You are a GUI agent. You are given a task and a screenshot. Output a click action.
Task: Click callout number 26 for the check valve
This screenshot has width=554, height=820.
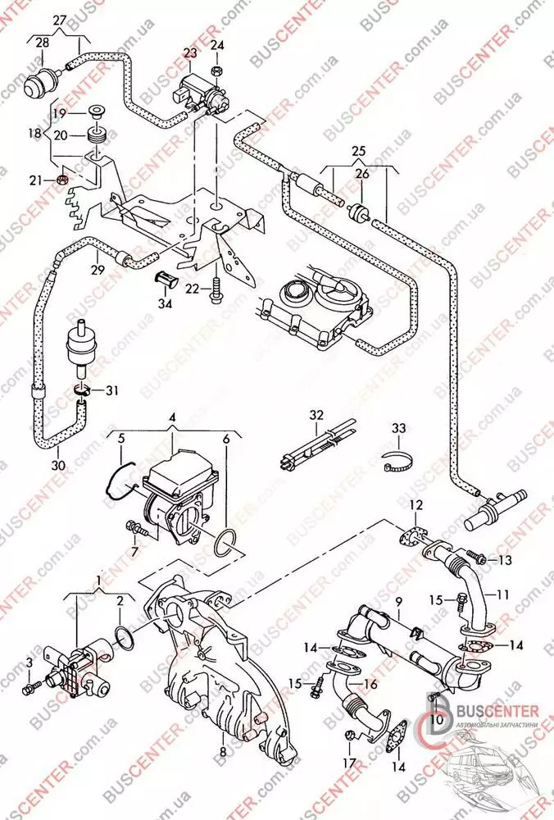point(362,174)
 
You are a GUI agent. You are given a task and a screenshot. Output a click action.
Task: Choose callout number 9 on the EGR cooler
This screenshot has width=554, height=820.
point(398,603)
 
